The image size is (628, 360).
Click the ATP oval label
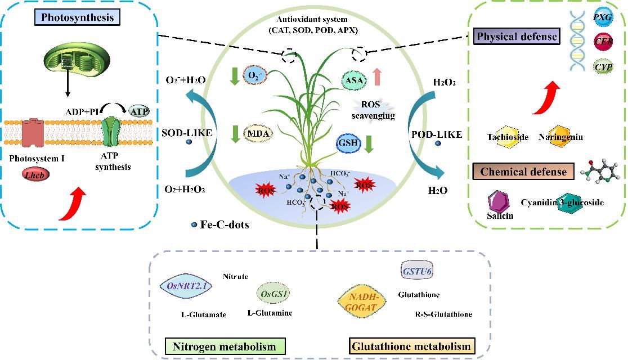click(x=139, y=111)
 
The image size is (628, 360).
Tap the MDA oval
click(x=258, y=134)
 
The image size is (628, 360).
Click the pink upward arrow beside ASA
click(x=378, y=76)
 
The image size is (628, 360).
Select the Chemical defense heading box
click(x=523, y=172)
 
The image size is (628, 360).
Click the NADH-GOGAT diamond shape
click(x=364, y=301)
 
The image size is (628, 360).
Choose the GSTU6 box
click(x=417, y=271)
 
